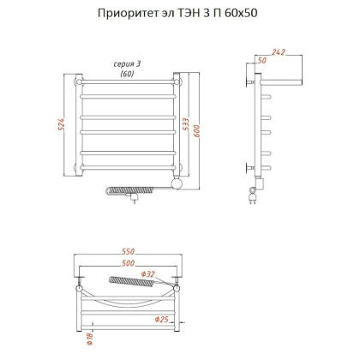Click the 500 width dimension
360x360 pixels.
(128, 265)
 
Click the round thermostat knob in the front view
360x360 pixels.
(177, 183)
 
